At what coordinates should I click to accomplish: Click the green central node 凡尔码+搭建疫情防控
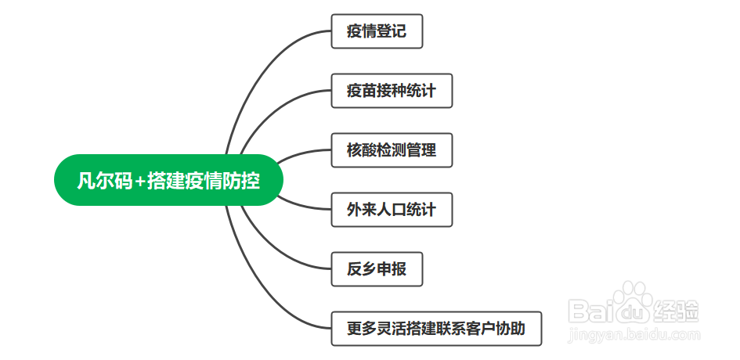[x=168, y=180]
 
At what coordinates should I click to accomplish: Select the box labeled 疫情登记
[x=377, y=31]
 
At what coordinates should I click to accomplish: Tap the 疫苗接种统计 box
[x=392, y=91]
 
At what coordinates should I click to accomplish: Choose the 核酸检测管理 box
[x=392, y=150]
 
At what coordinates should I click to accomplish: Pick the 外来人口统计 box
[x=392, y=210]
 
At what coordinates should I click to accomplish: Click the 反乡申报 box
[x=377, y=269]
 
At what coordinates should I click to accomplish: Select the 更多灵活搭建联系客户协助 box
[x=436, y=329]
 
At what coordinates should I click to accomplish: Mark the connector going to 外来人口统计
[x=302, y=207]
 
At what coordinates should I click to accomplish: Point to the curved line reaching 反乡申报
[x=274, y=250]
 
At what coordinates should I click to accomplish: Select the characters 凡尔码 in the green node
[x=105, y=180]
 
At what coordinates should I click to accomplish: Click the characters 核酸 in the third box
[x=362, y=150]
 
